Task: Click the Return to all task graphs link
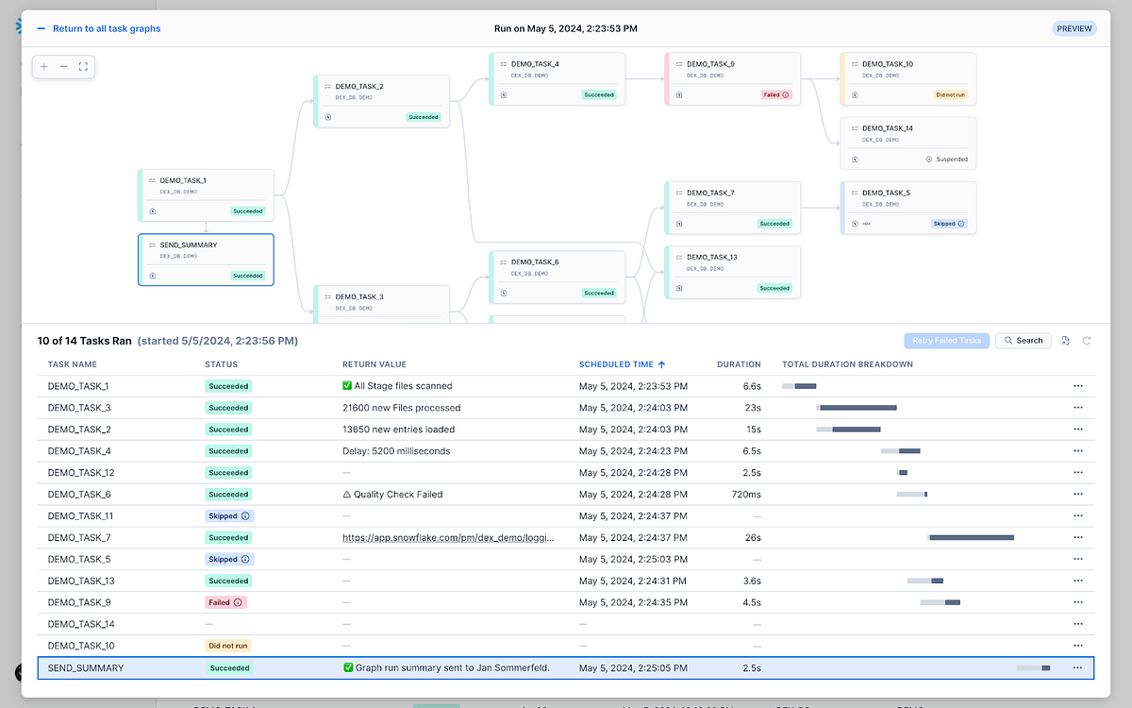(106, 29)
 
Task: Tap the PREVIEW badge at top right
(1074, 29)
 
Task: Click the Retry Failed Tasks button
(946, 341)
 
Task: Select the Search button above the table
(1023, 341)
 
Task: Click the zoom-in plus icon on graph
(44, 67)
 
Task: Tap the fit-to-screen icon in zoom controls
(83, 67)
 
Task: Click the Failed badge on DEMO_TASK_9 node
(775, 94)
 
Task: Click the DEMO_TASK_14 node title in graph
(887, 128)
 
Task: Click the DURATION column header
(739, 364)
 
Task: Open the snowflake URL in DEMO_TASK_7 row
(448, 538)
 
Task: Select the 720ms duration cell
(745, 495)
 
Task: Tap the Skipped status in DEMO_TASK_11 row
(229, 516)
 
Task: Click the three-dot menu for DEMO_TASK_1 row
(1077, 386)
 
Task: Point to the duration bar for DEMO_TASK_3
(857, 408)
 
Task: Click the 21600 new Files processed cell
(401, 408)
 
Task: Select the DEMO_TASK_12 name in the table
(81, 473)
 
